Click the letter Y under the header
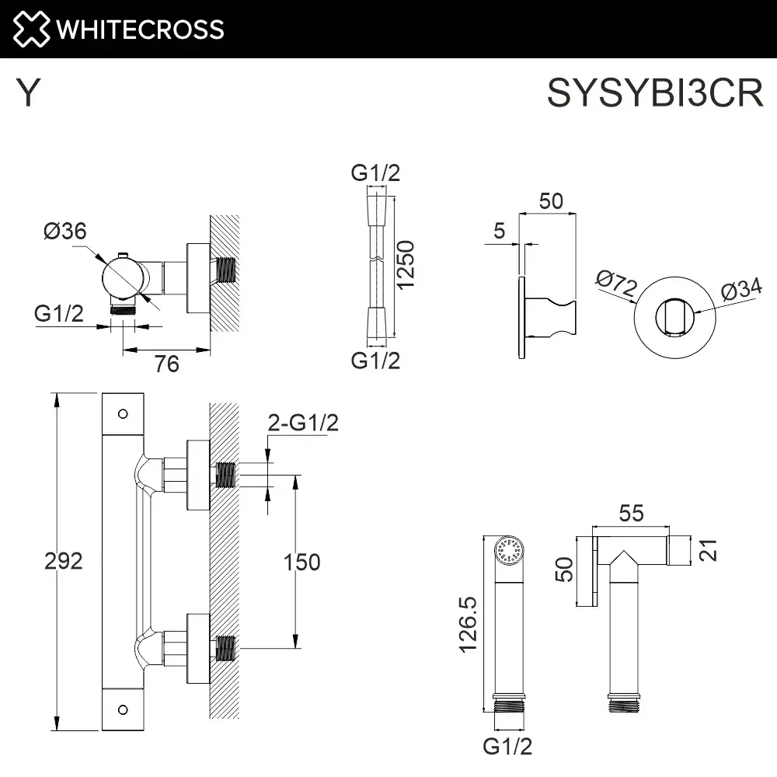(29, 94)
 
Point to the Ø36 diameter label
(65, 232)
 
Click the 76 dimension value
(167, 363)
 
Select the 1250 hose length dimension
(407, 265)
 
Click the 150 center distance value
(301, 562)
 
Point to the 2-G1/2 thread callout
(303, 423)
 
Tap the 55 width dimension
(632, 513)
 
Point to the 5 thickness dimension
(499, 230)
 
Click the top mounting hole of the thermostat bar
(123, 414)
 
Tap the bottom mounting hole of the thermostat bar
(123, 709)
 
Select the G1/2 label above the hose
(375, 172)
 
